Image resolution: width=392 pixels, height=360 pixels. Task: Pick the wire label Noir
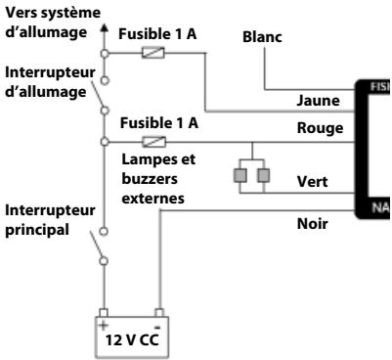click(x=313, y=223)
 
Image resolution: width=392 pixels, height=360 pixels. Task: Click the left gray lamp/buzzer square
click(x=239, y=176)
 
